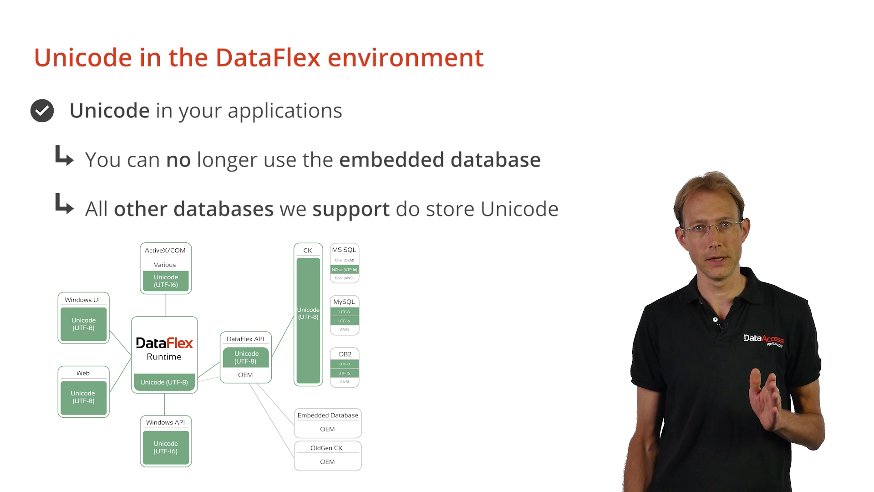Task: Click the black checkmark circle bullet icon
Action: (42, 111)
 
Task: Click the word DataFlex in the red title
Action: (268, 58)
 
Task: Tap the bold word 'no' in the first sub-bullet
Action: (178, 160)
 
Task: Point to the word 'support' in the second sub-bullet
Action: (351, 210)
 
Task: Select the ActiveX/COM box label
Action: (165, 251)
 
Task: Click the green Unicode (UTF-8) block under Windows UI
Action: (84, 324)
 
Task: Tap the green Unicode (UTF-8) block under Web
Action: (83, 397)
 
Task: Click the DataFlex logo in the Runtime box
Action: (164, 343)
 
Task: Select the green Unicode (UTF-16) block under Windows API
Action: (166, 447)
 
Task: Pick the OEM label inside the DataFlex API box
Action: (245, 375)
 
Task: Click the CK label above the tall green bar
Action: (308, 251)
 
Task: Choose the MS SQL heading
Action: (344, 250)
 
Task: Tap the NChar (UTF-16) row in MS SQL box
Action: (345, 270)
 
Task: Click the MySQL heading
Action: (344, 302)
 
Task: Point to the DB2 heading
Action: (345, 354)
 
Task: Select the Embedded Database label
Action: (328, 415)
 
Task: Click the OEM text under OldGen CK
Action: (327, 462)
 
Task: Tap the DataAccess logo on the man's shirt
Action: (764, 340)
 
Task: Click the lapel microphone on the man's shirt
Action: (716, 320)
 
